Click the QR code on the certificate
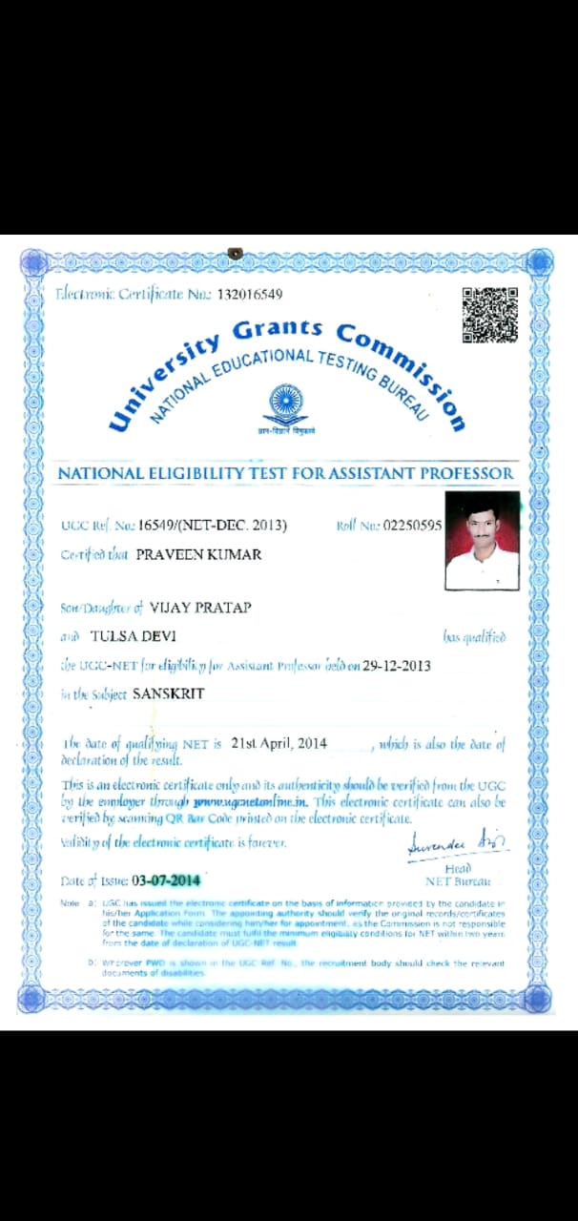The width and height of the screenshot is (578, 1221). pyautogui.click(x=490, y=315)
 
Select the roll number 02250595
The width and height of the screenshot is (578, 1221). pyautogui.click(x=412, y=525)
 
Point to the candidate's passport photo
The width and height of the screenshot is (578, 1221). pyautogui.click(x=483, y=541)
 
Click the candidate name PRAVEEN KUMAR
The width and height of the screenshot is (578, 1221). pyautogui.click(x=198, y=554)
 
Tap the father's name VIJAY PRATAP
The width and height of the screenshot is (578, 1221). pyautogui.click(x=201, y=607)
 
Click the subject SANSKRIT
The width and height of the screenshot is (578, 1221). pyautogui.click(x=168, y=693)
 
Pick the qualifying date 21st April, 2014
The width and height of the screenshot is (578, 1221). pyautogui.click(x=279, y=743)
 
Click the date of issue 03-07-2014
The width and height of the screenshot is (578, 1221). pyautogui.click(x=166, y=880)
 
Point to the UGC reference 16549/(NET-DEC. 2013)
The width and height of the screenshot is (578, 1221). pyautogui.click(x=212, y=525)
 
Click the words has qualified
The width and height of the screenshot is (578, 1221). pyautogui.click(x=474, y=637)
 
